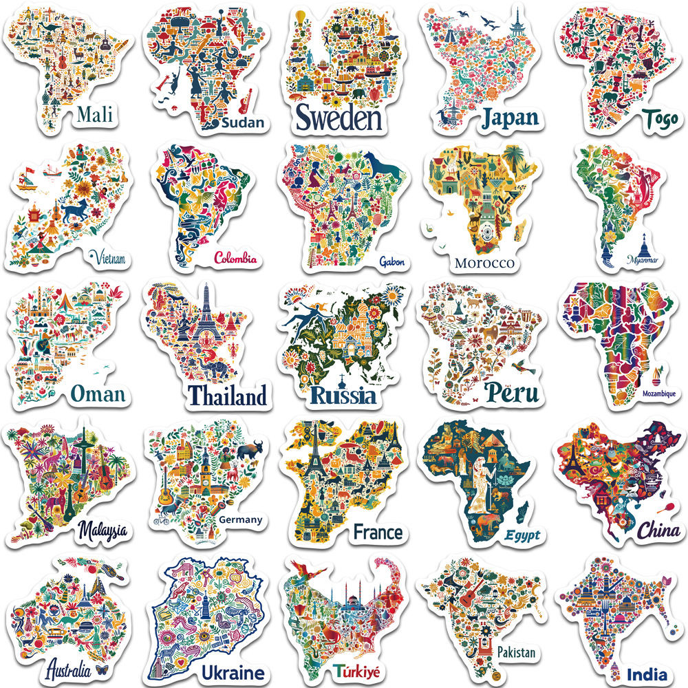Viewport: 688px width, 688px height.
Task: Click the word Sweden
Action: pyautogui.click(x=338, y=118)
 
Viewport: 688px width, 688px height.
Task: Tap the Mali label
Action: pyautogui.click(x=95, y=114)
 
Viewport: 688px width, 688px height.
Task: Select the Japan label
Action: pyautogui.click(x=509, y=118)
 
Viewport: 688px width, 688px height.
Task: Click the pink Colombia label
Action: pyautogui.click(x=235, y=259)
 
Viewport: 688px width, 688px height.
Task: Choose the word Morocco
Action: pyautogui.click(x=484, y=263)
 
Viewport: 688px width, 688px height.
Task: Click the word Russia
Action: pyautogui.click(x=343, y=395)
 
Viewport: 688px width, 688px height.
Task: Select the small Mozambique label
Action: pyautogui.click(x=649, y=394)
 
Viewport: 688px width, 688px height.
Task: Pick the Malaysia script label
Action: pyautogui.click(x=103, y=530)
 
